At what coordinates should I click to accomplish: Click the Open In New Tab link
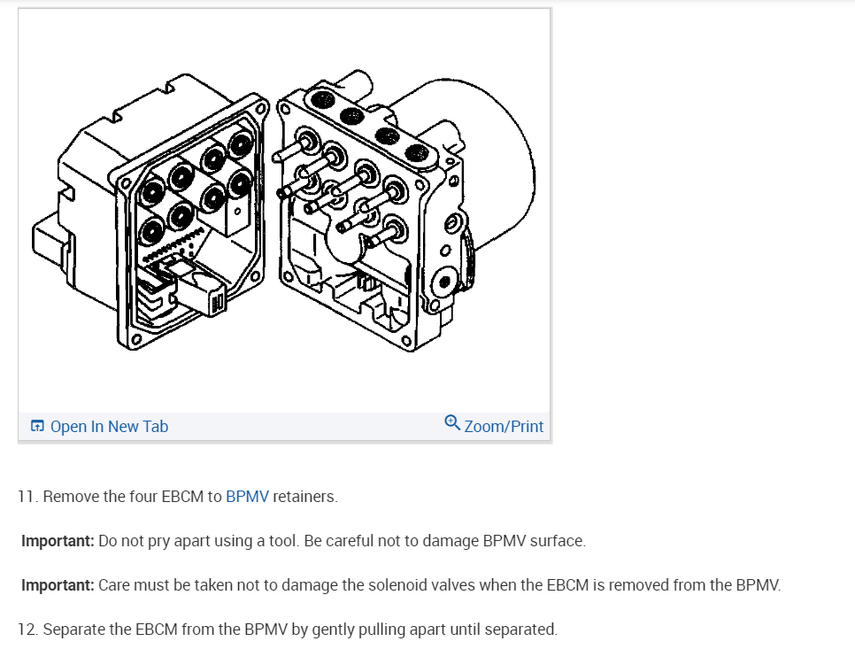pos(109,427)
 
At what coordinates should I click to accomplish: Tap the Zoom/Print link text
pos(504,427)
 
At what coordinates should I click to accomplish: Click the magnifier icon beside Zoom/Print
pos(451,423)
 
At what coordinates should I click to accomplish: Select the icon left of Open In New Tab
pos(37,427)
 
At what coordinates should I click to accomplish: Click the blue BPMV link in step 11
pos(247,497)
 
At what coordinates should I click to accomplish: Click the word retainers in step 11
pos(304,497)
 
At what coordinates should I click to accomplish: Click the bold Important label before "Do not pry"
pos(58,541)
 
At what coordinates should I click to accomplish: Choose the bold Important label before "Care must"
pos(58,585)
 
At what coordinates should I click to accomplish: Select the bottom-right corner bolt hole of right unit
pos(404,341)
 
